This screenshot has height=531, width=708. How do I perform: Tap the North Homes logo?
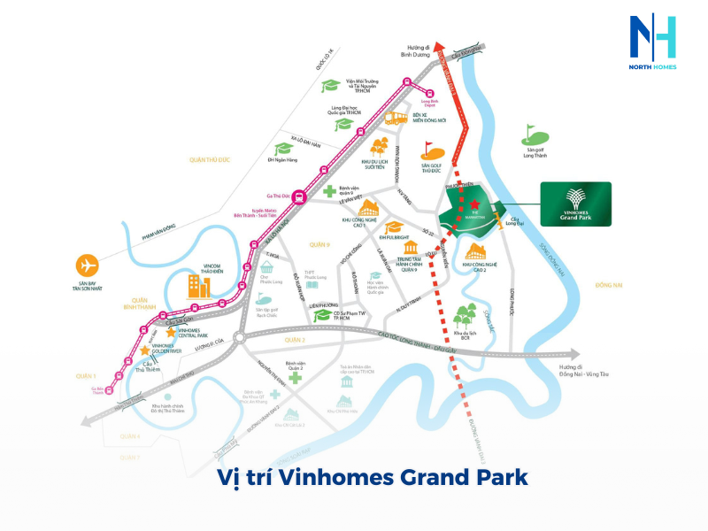pyautogui.click(x=652, y=44)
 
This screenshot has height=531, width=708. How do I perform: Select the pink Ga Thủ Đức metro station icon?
pyautogui.click(x=300, y=198)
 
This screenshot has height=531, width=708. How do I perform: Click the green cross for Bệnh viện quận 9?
pyautogui.click(x=328, y=191)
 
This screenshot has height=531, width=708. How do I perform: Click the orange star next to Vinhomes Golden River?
pyautogui.click(x=144, y=351)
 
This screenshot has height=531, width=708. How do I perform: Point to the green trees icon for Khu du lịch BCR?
pyautogui.click(x=465, y=317)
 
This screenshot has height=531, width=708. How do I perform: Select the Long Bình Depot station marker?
pyautogui.click(x=431, y=95)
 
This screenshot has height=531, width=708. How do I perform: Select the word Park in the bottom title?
pyautogui.click(x=490, y=477)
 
